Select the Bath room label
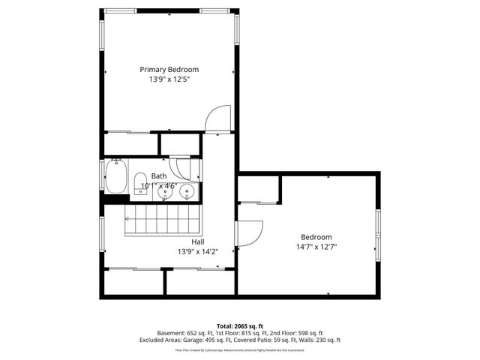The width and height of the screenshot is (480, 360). (x=159, y=175)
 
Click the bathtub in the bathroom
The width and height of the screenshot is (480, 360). (x=116, y=178)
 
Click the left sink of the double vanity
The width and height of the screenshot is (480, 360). (x=166, y=193)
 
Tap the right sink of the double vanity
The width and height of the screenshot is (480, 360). (x=187, y=193)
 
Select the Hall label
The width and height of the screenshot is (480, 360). (x=198, y=241)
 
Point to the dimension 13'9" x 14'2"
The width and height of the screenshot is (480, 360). (x=198, y=252)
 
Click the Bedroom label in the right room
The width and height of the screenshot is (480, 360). (x=316, y=236)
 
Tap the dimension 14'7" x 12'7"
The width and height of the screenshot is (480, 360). (x=316, y=247)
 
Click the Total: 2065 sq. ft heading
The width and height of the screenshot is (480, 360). (x=239, y=326)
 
